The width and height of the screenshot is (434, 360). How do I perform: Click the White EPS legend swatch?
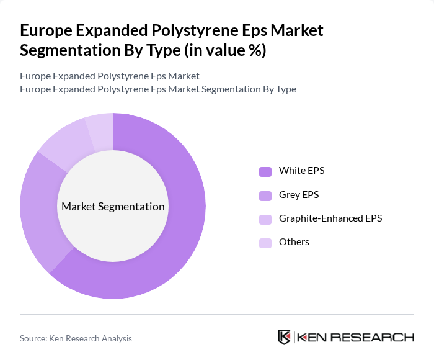[x=265, y=171]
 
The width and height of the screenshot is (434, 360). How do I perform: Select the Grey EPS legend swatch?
[x=265, y=196]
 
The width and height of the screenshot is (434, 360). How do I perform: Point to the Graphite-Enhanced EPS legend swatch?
[x=265, y=219]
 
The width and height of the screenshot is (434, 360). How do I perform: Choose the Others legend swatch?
[x=265, y=243]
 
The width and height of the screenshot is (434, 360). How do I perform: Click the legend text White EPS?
[x=301, y=171]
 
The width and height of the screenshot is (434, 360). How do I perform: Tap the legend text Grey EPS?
[x=299, y=195]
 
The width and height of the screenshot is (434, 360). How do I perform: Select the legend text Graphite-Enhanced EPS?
[x=330, y=218]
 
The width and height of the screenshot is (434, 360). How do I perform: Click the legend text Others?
[x=294, y=242]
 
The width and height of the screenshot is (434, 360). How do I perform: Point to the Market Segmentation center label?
[x=113, y=207]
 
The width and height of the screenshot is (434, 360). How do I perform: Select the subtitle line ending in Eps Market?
[x=110, y=76]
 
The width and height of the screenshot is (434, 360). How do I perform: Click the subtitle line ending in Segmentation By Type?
[x=158, y=89]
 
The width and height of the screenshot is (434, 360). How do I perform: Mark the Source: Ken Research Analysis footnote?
[x=76, y=338]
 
